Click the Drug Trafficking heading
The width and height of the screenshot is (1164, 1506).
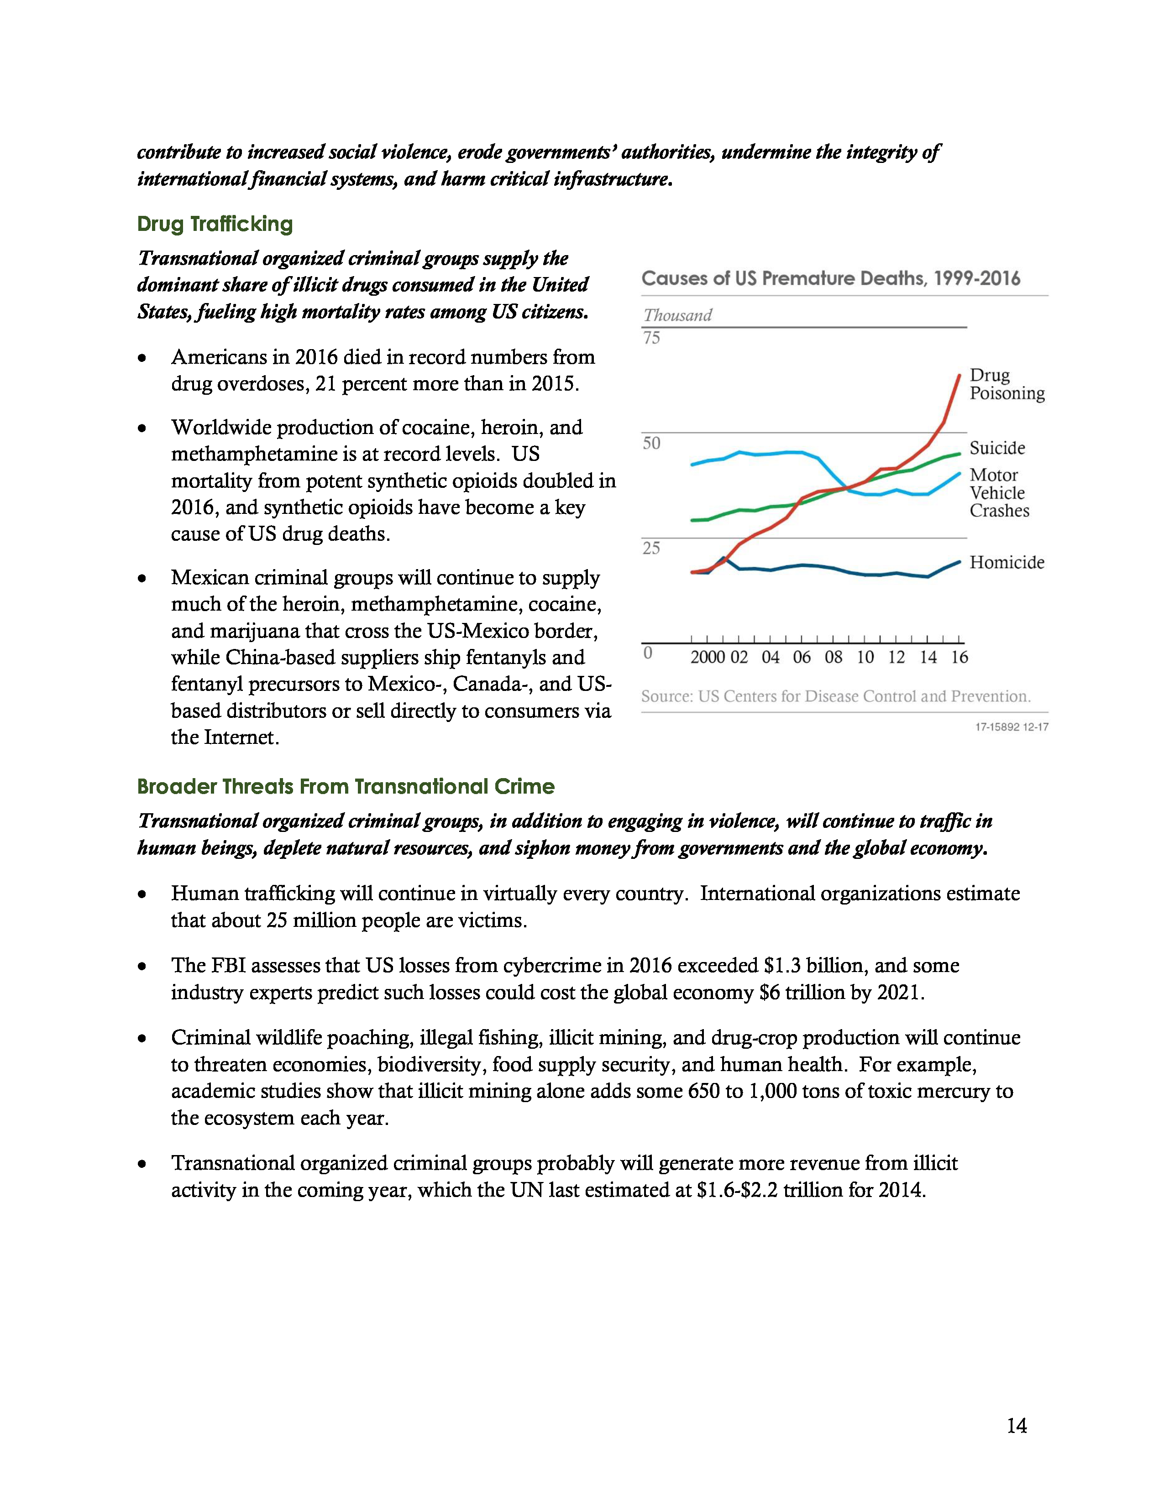click(215, 224)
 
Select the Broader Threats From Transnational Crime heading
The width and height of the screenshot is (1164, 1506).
click(346, 787)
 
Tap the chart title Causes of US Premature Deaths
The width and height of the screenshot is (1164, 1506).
click(830, 278)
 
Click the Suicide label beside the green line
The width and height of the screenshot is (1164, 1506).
click(996, 448)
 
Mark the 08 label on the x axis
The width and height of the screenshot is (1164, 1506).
click(833, 657)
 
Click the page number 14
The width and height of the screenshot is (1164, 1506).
click(1017, 1426)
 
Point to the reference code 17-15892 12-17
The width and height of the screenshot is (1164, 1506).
click(1011, 727)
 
